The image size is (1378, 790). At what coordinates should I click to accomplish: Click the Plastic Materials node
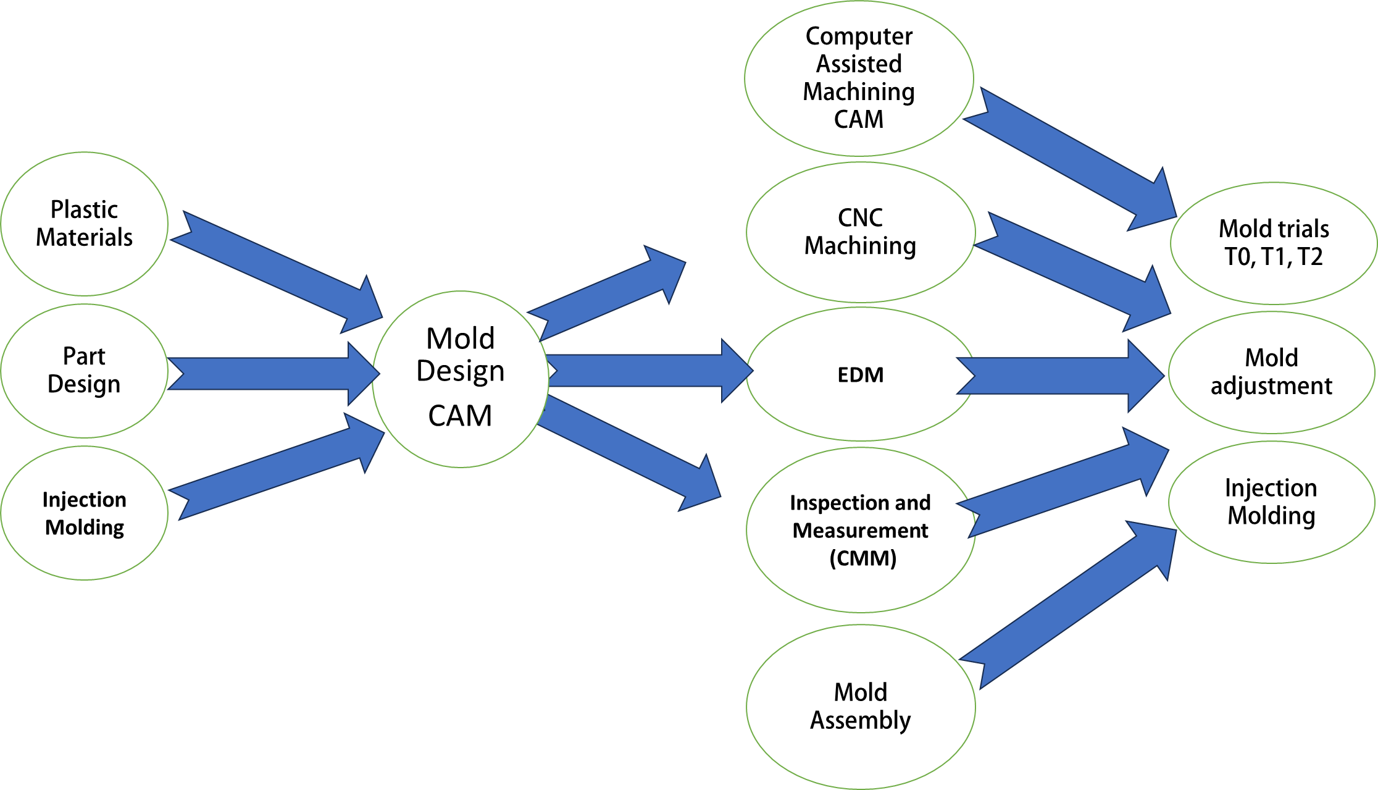84,224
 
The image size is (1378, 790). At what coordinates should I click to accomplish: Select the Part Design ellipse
84,371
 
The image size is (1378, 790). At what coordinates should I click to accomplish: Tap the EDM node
860,374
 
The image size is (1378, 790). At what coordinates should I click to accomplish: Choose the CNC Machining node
860,232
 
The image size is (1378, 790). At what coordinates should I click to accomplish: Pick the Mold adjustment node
1271,372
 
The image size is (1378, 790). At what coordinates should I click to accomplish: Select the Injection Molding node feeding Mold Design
84,513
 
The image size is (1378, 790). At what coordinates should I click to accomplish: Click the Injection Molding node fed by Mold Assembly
1271,502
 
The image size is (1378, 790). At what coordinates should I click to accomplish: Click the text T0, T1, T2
1273,257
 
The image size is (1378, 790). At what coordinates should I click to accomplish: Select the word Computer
859,37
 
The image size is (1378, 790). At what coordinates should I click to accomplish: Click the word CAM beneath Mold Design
460,416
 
